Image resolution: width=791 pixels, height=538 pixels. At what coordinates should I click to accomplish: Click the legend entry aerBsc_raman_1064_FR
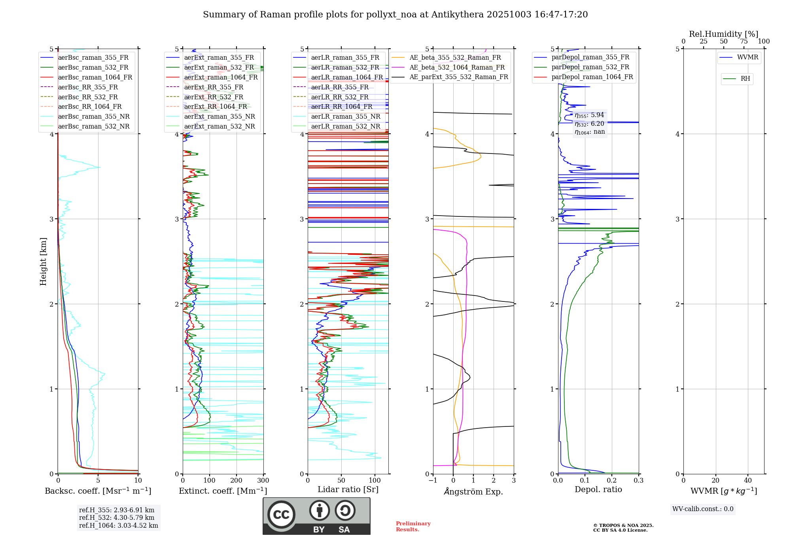click(95, 78)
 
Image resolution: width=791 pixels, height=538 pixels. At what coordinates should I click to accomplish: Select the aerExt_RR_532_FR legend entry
click(214, 97)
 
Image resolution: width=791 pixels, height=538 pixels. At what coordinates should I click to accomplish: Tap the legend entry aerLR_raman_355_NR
click(345, 117)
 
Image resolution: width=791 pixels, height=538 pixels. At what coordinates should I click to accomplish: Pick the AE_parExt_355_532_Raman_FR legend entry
click(459, 77)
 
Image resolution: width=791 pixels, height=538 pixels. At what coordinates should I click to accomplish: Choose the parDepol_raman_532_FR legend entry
click(590, 67)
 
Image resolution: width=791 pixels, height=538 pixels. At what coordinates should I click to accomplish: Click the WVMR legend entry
click(747, 58)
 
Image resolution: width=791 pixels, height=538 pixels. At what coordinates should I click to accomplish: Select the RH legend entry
click(745, 79)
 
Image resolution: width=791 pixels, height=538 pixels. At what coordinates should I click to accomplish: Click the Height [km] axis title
click(43, 261)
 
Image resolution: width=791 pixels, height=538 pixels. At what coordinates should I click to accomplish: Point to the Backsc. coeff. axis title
click(98, 491)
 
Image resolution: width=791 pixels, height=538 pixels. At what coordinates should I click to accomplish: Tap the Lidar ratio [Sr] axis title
click(348, 490)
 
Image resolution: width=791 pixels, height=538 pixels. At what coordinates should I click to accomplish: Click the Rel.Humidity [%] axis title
click(724, 34)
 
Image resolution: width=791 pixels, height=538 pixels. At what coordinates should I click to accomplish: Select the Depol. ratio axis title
click(598, 490)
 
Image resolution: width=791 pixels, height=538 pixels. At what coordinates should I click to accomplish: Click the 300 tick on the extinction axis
click(263, 481)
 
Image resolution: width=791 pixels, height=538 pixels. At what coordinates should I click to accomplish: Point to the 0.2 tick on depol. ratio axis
click(612, 481)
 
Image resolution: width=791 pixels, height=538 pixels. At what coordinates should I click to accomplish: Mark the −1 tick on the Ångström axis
click(433, 481)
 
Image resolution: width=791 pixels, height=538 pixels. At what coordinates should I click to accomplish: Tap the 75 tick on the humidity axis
click(744, 42)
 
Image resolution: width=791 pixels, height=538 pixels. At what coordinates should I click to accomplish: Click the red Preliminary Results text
click(413, 527)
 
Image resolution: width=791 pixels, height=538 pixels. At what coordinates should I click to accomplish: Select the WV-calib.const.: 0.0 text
click(703, 509)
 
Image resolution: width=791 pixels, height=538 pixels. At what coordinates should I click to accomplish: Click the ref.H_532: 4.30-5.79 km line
click(117, 518)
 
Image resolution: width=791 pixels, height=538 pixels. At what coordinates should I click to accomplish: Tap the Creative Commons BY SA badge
click(316, 516)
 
